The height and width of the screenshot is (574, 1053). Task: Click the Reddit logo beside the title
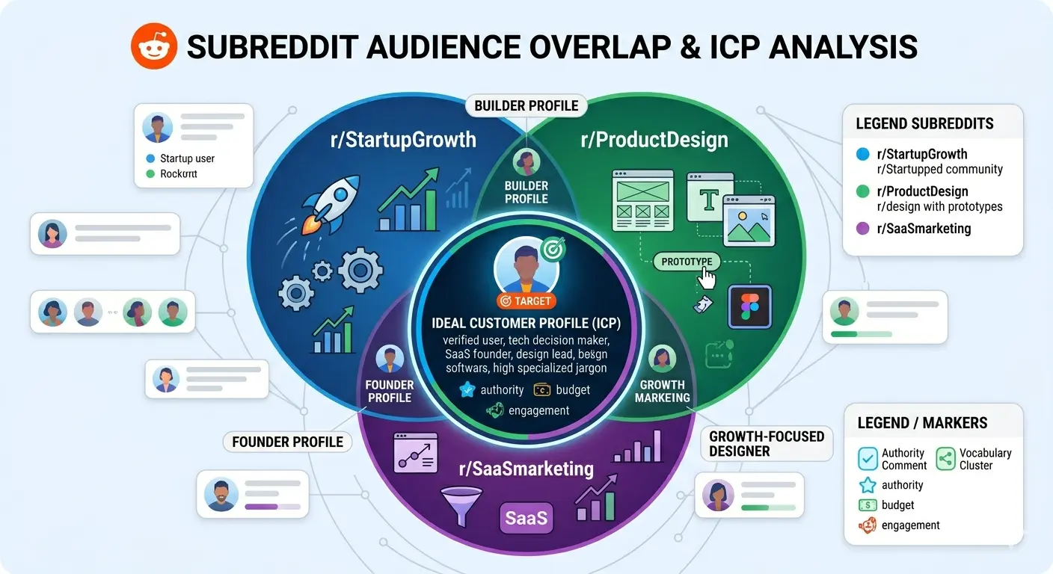[154, 46]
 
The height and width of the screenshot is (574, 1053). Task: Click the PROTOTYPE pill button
[687, 262]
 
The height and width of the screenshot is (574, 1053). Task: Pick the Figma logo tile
[749, 306]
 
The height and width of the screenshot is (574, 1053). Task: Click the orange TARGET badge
[526, 301]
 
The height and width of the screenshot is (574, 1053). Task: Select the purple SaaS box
[526, 517]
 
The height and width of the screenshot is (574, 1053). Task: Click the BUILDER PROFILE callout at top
[526, 105]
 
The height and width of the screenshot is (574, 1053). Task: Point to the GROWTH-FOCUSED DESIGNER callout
[766, 444]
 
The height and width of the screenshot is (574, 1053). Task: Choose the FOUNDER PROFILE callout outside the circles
[287, 442]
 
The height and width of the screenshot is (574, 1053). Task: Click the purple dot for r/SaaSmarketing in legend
[863, 229]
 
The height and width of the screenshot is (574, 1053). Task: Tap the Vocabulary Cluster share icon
[946, 459]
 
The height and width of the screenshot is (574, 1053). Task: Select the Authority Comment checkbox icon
[868, 459]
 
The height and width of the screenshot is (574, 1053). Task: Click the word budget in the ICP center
[573, 389]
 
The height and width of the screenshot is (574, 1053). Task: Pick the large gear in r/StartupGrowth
[360, 269]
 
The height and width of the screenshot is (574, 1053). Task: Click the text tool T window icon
[709, 198]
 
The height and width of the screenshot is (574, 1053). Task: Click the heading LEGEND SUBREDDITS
[924, 123]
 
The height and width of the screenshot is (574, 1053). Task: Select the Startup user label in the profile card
[187, 158]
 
